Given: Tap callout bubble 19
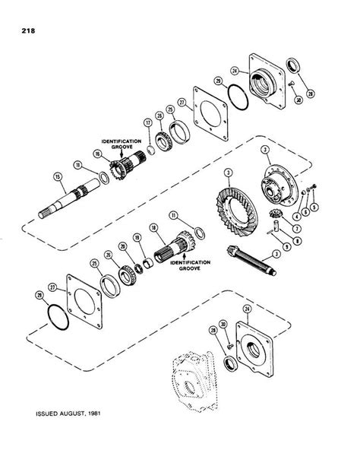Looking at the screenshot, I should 137,237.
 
